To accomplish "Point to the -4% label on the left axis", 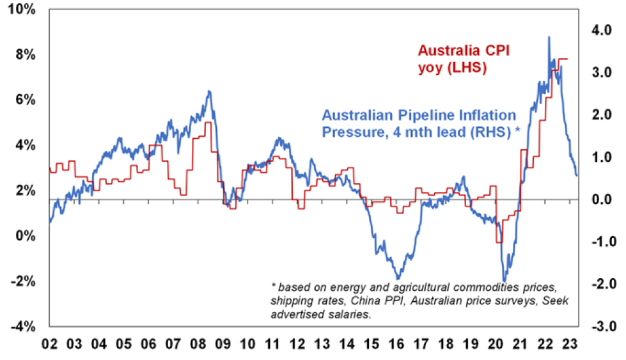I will pos(24,326).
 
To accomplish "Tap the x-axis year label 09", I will pos(223,343).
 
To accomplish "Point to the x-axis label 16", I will pos(397,343).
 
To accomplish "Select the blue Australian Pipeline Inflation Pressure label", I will pos(419,124).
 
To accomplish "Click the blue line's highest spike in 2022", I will pos(549,37).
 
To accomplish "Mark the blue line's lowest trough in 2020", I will pos(504,280).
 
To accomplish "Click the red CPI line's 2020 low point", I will pos(499,242).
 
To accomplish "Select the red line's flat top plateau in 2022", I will pos(561,59).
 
